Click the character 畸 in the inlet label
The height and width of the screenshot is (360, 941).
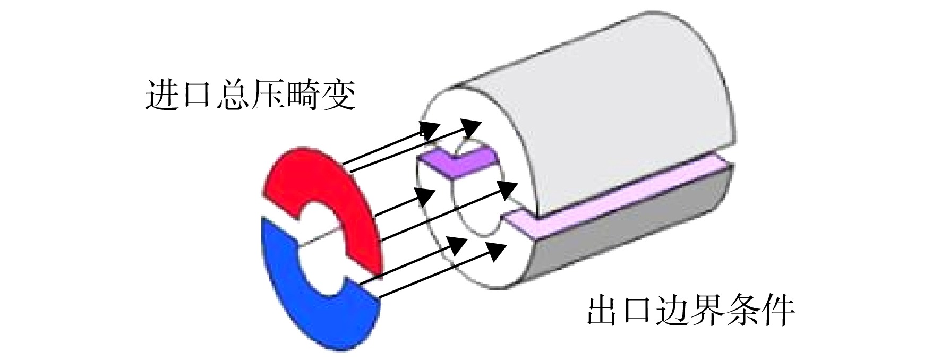[x=302, y=95]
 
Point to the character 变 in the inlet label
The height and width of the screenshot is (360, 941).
[x=338, y=95]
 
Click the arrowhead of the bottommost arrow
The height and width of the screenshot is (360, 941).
[x=498, y=250]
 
